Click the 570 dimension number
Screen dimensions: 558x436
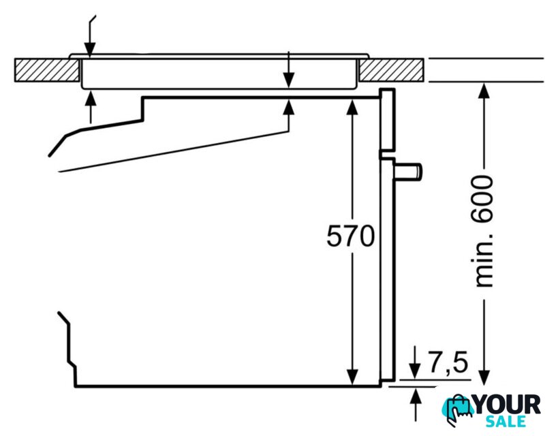tap(350, 236)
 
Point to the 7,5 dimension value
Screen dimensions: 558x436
tap(448, 362)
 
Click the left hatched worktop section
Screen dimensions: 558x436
tap(47, 70)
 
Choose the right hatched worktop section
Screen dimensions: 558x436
tap(391, 70)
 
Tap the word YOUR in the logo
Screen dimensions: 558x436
tap(507, 405)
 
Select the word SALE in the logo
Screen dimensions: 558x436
tap(506, 421)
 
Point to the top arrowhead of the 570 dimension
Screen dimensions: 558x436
tap(352, 107)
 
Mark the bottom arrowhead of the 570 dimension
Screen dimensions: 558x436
tap(352, 377)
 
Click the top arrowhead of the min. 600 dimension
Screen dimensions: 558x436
tap(484, 91)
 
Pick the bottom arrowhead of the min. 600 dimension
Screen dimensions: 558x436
tap(484, 377)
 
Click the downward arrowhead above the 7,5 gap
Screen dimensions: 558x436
tap(414, 371)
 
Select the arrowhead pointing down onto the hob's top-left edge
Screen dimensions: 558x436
tap(90, 49)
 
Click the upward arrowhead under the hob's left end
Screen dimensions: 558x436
tap(91, 99)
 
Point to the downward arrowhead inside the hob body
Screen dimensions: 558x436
tap(289, 80)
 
